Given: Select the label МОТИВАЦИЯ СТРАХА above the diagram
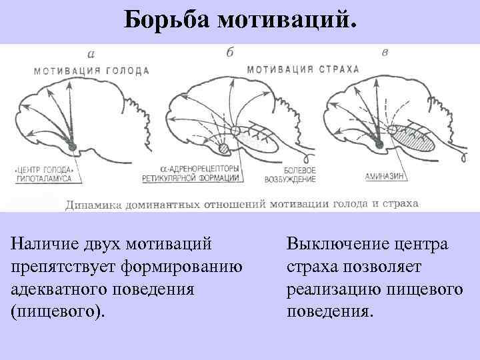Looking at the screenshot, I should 303,69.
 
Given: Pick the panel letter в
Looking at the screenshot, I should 385,52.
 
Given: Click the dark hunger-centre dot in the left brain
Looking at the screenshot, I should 71,147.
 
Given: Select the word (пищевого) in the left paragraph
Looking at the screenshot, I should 58,311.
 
